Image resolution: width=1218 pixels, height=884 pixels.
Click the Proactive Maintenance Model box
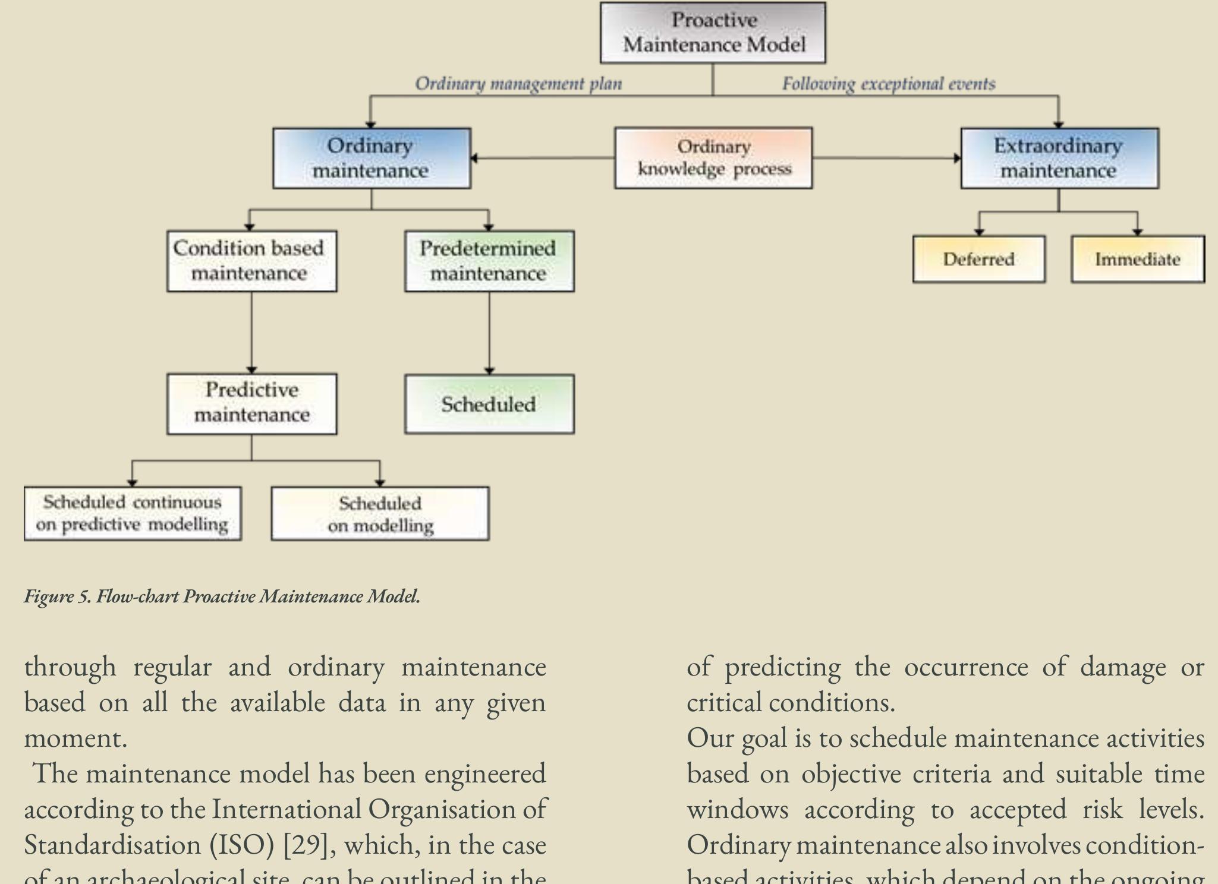tap(713, 33)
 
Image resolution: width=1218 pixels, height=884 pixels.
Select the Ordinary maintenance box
tap(372, 158)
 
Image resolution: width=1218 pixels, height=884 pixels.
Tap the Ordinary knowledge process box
tap(713, 158)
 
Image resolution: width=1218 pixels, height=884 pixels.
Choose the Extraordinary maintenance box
tap(1059, 158)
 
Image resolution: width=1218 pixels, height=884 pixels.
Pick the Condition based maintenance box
tap(251, 261)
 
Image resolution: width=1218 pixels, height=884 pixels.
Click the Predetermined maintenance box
tap(489, 261)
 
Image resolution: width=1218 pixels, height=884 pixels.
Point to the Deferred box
tap(978, 259)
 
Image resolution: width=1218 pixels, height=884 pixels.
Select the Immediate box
tap(1137, 259)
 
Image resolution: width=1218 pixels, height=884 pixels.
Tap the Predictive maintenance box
tap(251, 403)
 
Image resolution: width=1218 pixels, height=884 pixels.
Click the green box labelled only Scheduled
tap(489, 404)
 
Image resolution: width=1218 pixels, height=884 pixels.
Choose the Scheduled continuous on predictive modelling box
tap(133, 513)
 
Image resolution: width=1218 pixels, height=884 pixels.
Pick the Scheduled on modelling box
tap(380, 514)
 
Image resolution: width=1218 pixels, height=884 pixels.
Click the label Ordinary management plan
tap(518, 84)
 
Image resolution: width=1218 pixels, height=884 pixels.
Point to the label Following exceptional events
tap(888, 84)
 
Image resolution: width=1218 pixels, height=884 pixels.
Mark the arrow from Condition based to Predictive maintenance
tap(251, 333)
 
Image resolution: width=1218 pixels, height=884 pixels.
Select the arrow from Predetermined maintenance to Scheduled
tap(489, 333)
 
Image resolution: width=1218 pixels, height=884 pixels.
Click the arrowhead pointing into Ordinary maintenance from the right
tap(474, 158)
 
